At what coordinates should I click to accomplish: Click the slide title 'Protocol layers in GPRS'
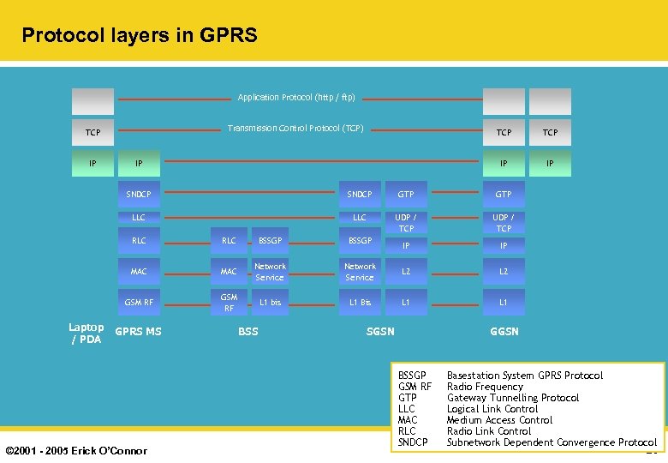click(x=139, y=35)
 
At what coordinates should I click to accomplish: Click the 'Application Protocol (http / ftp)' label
click(x=296, y=97)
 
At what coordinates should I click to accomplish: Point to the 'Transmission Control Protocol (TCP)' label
click(x=295, y=129)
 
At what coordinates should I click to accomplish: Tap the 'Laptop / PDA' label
click(x=86, y=333)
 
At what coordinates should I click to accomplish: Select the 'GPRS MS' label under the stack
click(x=138, y=332)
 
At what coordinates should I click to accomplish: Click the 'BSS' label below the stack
click(x=248, y=331)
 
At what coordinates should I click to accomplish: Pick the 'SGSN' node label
click(x=380, y=331)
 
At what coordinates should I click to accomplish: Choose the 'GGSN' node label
click(x=504, y=331)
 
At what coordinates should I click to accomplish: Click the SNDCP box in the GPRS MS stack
click(x=139, y=195)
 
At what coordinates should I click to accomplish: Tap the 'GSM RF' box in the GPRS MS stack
click(x=139, y=302)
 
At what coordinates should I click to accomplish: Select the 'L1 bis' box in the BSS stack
click(x=270, y=302)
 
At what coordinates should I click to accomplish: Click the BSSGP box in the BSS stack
click(x=270, y=241)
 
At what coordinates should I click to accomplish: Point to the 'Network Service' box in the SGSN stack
click(x=360, y=272)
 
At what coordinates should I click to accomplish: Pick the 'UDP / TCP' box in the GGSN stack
click(x=504, y=223)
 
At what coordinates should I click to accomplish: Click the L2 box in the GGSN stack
click(x=504, y=272)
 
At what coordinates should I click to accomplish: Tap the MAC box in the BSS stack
click(x=229, y=272)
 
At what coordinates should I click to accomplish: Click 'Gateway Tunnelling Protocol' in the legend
click(x=512, y=398)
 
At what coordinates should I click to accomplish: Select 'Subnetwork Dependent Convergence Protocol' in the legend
click(x=552, y=442)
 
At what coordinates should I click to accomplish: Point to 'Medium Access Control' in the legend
click(x=499, y=420)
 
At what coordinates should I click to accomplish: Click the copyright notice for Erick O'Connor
click(x=76, y=450)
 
